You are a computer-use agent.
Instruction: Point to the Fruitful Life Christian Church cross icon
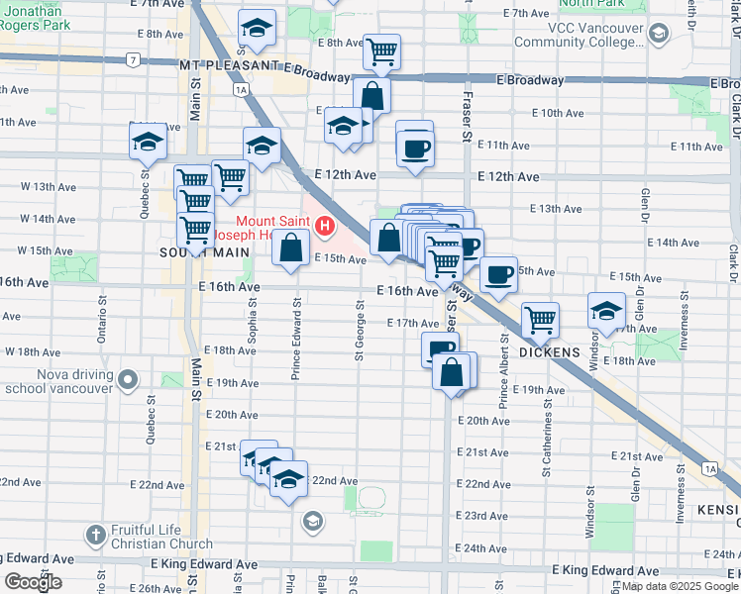tap(96, 536)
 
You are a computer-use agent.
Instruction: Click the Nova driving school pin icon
tap(128, 380)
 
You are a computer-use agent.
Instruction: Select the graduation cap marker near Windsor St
tap(606, 311)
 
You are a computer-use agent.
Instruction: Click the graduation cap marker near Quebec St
tap(148, 141)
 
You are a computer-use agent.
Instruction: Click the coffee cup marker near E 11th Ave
tap(415, 148)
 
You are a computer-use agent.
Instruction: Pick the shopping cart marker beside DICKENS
tap(540, 320)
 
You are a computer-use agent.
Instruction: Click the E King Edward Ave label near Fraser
tap(605, 571)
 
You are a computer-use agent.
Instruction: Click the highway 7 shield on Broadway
tap(132, 60)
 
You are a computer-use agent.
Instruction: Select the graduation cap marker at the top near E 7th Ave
tap(258, 31)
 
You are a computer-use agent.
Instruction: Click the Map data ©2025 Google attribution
tap(678, 586)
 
